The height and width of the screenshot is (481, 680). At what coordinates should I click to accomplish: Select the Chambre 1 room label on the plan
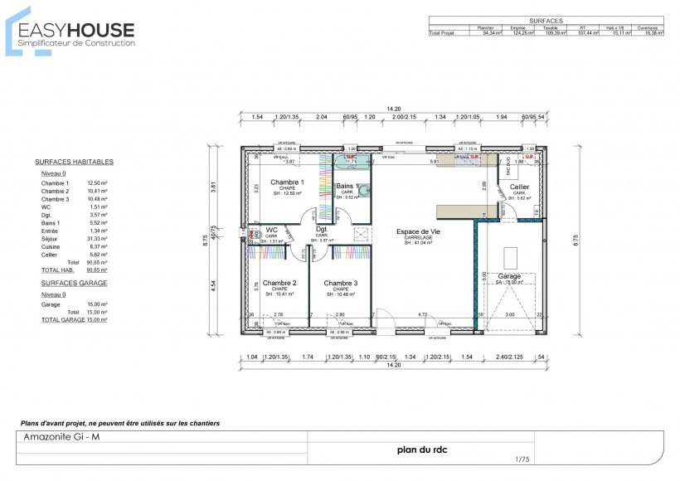[287, 182]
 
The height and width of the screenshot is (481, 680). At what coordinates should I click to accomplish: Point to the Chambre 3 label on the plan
[341, 283]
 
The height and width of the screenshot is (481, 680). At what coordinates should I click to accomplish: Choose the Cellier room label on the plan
[518, 187]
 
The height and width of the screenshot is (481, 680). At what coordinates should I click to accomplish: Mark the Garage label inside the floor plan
[509, 276]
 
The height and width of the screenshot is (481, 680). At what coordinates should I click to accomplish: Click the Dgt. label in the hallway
[322, 230]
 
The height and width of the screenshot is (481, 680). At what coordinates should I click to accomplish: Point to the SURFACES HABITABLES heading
[75, 163]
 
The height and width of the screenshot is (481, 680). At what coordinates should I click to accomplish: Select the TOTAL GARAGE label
[63, 319]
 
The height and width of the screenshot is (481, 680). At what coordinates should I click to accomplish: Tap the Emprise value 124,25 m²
[517, 33]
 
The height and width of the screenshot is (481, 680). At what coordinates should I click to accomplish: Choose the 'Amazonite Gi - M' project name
[61, 437]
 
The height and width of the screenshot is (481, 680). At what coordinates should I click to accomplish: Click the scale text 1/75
[522, 459]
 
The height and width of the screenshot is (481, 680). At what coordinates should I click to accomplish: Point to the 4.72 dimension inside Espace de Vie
[423, 315]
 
